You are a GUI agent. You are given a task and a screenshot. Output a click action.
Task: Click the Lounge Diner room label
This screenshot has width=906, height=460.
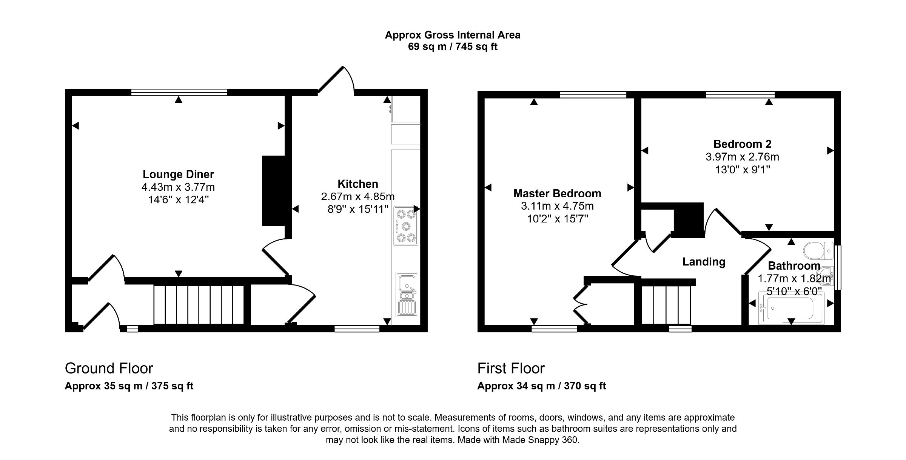(x=178, y=174)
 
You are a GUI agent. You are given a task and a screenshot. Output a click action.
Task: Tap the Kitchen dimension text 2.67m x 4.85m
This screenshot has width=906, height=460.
(x=357, y=196)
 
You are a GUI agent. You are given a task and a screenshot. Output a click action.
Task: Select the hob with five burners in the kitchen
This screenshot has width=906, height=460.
(x=406, y=226)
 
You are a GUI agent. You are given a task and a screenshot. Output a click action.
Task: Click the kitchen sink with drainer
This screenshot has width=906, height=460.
(x=407, y=294)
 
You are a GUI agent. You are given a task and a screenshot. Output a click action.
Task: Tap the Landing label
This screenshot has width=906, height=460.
(x=704, y=262)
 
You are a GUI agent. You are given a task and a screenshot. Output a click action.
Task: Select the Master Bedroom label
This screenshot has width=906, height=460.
(x=557, y=193)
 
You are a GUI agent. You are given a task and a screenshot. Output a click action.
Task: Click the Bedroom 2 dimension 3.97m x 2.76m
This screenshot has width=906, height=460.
(x=742, y=157)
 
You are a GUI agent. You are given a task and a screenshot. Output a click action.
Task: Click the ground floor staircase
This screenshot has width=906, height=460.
(x=199, y=305)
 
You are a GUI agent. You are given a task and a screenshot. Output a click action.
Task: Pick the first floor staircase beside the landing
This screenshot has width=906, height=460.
(x=666, y=305)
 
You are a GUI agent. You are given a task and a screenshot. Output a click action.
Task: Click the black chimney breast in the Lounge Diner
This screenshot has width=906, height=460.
(x=274, y=191)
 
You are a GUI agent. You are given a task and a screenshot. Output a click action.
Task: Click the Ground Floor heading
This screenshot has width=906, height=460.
(x=109, y=368)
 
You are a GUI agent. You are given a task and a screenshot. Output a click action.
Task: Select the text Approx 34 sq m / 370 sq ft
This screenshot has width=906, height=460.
(x=541, y=386)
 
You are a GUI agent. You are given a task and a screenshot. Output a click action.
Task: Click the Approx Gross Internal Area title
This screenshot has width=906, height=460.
(x=452, y=35)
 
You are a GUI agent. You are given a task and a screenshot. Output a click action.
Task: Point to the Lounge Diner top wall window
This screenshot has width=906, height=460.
(x=179, y=92)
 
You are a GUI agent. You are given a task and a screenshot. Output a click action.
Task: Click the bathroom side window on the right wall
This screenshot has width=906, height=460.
(x=837, y=267)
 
